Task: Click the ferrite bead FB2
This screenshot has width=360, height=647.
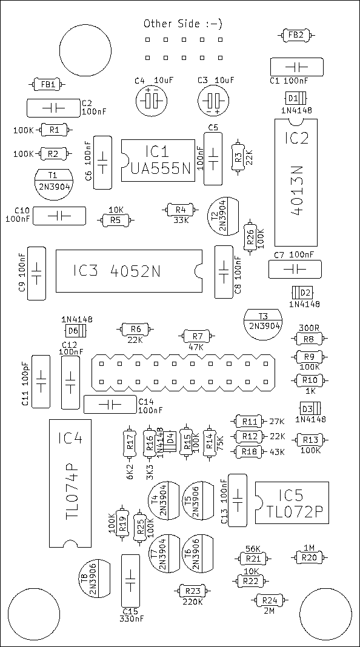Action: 296,36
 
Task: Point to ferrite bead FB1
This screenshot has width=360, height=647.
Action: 48,85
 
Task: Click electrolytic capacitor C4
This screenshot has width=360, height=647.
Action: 151,101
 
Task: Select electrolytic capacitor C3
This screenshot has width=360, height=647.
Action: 213,101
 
